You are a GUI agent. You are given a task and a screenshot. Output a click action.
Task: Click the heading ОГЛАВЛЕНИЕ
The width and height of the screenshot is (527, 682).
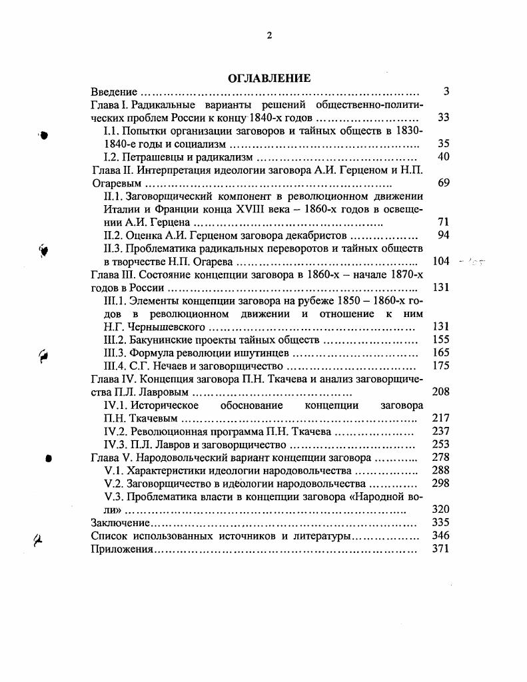[x=269, y=78]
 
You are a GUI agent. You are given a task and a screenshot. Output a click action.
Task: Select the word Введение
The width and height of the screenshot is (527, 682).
[x=114, y=92]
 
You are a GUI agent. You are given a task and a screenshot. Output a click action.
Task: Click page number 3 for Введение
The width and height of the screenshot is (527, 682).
[x=446, y=92]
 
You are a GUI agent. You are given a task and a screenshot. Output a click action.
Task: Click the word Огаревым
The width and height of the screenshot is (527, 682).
[x=117, y=183]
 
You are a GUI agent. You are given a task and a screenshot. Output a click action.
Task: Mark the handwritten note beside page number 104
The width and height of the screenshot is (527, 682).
[x=471, y=262]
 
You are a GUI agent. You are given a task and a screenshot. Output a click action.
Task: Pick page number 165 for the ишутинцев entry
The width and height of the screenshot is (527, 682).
[x=441, y=353]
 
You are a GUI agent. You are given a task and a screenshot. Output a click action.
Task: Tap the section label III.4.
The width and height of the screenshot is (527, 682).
[x=117, y=366]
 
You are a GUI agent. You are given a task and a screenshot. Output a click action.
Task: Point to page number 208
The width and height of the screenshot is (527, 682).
[x=441, y=392]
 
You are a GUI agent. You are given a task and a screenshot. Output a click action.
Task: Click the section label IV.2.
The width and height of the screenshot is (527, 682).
[x=117, y=432]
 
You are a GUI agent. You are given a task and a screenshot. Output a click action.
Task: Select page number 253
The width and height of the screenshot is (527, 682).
[x=441, y=444]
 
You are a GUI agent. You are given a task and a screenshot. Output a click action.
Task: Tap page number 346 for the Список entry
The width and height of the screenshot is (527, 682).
[x=441, y=536]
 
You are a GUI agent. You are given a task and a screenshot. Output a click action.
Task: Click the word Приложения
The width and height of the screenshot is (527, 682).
[x=122, y=549]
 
